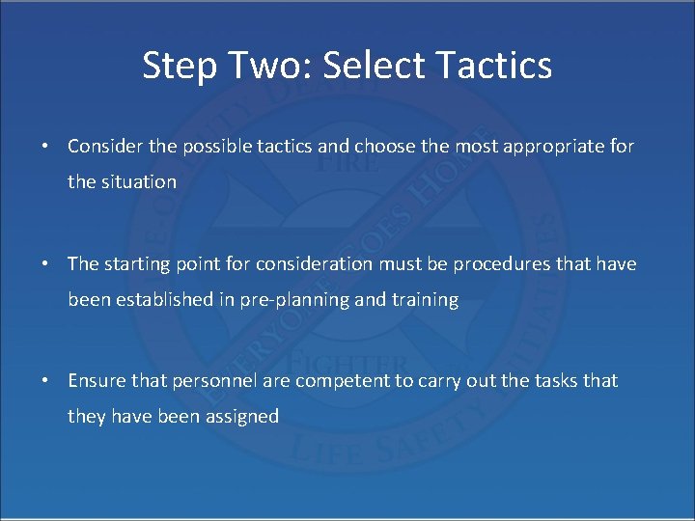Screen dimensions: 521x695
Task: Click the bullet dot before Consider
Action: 45,147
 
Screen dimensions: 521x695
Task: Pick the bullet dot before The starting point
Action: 45,264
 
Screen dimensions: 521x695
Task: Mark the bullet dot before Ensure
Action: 45,381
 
